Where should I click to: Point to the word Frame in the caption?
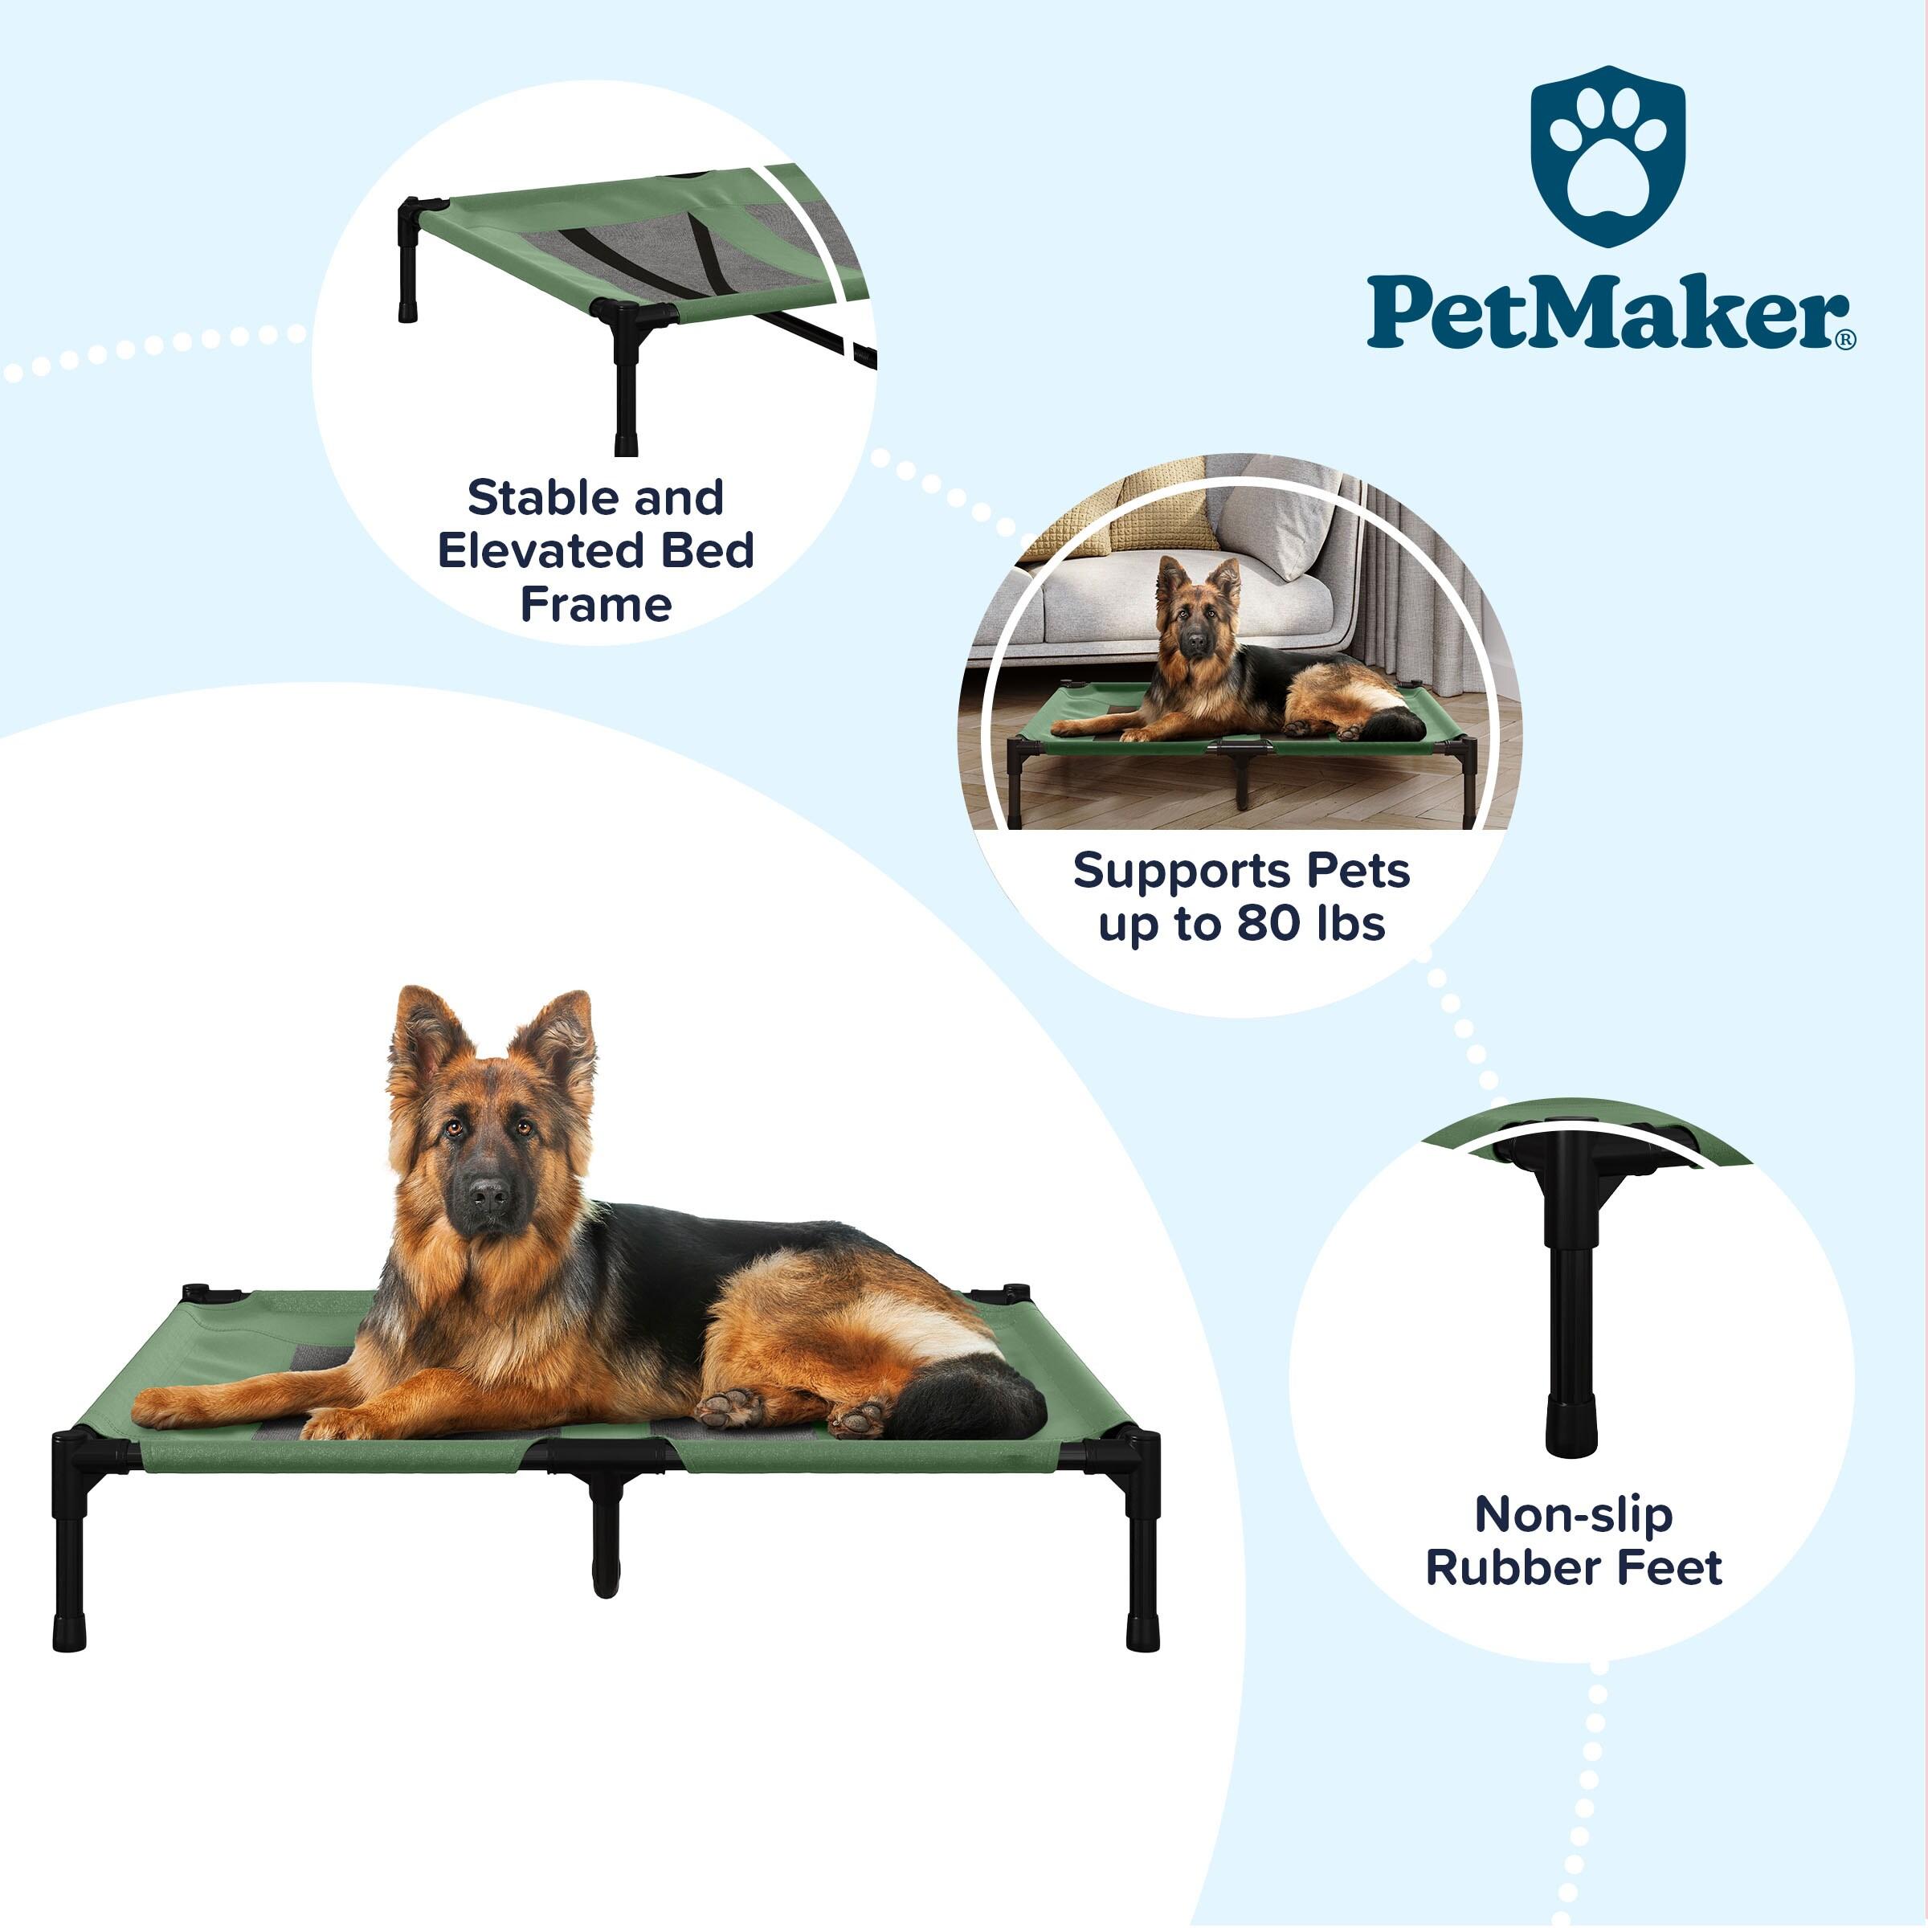point(596,605)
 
